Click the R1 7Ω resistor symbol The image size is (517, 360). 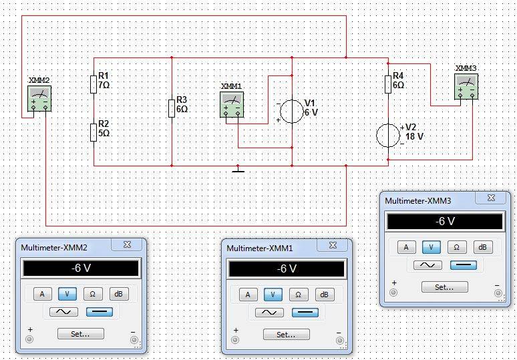(x=94, y=83)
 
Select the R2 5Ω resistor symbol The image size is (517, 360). (x=94, y=132)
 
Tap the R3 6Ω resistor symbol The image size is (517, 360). (x=172, y=108)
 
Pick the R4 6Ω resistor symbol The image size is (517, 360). (x=387, y=84)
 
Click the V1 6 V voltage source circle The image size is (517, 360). (x=291, y=111)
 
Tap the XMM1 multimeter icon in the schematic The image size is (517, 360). (x=232, y=104)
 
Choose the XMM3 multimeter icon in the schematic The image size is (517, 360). (x=466, y=86)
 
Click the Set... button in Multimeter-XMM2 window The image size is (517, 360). (x=80, y=333)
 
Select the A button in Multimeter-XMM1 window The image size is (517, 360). (x=248, y=295)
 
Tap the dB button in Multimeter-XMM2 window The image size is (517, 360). (x=119, y=294)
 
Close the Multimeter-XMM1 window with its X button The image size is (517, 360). (x=332, y=246)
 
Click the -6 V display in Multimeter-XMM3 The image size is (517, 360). (x=444, y=222)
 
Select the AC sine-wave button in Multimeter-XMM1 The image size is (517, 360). (x=269, y=312)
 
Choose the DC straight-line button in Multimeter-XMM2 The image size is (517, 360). (x=100, y=312)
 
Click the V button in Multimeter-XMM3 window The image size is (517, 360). (x=431, y=247)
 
